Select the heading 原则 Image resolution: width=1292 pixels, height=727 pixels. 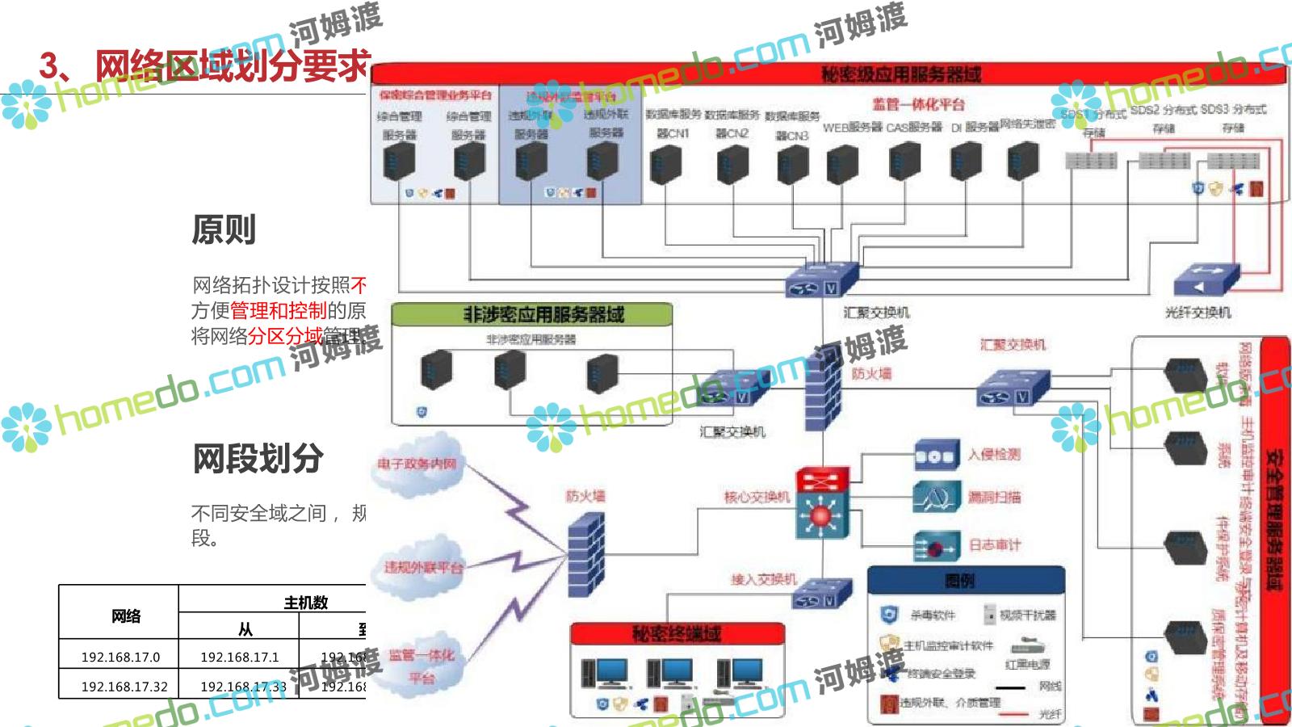(224, 230)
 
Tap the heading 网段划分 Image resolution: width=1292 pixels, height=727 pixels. (258, 459)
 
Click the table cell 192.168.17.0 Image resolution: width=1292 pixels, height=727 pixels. (120, 657)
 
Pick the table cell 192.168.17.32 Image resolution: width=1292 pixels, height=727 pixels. (124, 687)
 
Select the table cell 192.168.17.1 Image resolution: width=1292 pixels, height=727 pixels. (239, 657)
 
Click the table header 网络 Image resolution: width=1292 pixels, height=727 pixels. (125, 616)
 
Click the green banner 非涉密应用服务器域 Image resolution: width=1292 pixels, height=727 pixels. (531, 314)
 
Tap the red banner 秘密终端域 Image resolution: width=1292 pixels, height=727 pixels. (677, 633)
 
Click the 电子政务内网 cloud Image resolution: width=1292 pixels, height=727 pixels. (417, 464)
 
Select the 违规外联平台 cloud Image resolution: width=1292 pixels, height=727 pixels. (422, 567)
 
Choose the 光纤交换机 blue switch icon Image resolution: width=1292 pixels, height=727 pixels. (1205, 279)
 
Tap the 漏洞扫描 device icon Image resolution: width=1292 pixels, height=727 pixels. (936, 498)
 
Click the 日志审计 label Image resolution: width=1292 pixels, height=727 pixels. (995, 545)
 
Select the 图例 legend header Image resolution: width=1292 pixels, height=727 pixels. (965, 579)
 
